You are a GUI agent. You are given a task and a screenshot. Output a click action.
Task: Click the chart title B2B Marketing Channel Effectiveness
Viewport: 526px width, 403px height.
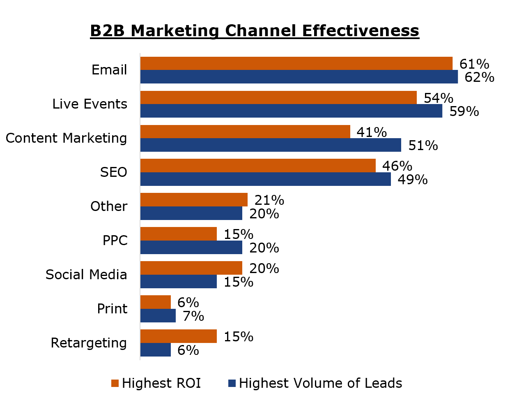click(x=255, y=31)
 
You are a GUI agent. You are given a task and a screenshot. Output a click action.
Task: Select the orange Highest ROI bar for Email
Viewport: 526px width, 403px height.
click(x=296, y=63)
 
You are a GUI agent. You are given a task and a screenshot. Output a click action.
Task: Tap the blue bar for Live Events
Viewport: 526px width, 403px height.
click(x=291, y=111)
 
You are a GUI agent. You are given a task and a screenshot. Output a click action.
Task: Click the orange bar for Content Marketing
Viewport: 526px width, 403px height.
click(x=245, y=132)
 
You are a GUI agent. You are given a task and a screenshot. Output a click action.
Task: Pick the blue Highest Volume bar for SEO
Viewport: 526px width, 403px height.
click(x=265, y=179)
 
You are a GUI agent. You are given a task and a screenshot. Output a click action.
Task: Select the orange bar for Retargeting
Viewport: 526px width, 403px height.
click(x=178, y=336)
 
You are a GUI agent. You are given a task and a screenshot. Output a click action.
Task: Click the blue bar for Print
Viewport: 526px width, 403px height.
click(x=158, y=316)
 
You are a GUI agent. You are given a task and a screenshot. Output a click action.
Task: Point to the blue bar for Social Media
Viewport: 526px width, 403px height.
click(x=178, y=282)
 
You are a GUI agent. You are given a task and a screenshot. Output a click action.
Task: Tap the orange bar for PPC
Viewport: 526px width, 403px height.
click(x=178, y=234)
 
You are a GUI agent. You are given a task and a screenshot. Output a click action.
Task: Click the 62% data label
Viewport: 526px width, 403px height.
click(x=479, y=77)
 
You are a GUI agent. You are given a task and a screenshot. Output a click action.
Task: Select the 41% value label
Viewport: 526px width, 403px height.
click(x=372, y=132)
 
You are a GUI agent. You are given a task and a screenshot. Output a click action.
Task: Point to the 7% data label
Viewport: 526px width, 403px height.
click(x=193, y=316)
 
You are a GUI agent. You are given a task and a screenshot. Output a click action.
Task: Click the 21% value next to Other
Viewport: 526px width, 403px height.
click(x=269, y=200)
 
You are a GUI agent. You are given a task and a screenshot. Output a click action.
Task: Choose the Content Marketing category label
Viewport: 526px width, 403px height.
click(x=66, y=138)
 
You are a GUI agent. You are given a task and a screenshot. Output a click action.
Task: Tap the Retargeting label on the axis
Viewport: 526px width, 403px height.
click(x=89, y=343)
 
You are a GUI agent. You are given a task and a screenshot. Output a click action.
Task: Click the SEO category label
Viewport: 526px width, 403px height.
click(x=113, y=172)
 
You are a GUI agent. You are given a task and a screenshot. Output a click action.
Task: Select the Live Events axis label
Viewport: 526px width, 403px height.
click(x=90, y=104)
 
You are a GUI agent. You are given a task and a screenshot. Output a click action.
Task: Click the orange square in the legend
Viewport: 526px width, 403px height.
click(x=115, y=383)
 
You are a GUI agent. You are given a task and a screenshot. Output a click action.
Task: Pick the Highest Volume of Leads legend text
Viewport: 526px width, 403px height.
click(x=320, y=383)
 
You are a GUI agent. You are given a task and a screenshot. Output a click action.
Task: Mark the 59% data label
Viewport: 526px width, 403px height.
click(x=464, y=111)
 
